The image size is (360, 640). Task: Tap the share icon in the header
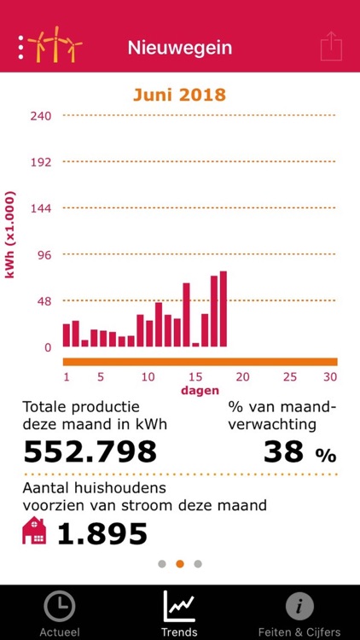[331, 47]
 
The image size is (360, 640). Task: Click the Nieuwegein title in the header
[179, 48]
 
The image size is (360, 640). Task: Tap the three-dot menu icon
[20, 48]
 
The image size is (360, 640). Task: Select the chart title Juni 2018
[179, 94]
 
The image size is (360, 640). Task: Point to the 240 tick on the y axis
[41, 116]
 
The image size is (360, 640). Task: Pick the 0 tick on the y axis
[48, 347]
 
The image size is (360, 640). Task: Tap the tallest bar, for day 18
[224, 309]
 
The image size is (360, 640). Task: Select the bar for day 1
[67, 335]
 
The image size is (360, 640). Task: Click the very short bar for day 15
[195, 345]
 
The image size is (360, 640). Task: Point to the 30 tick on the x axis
[330, 376]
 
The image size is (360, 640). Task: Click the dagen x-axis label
[200, 390]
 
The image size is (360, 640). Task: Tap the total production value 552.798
[90, 451]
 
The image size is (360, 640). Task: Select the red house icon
[34, 533]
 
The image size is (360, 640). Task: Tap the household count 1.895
[102, 534]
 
